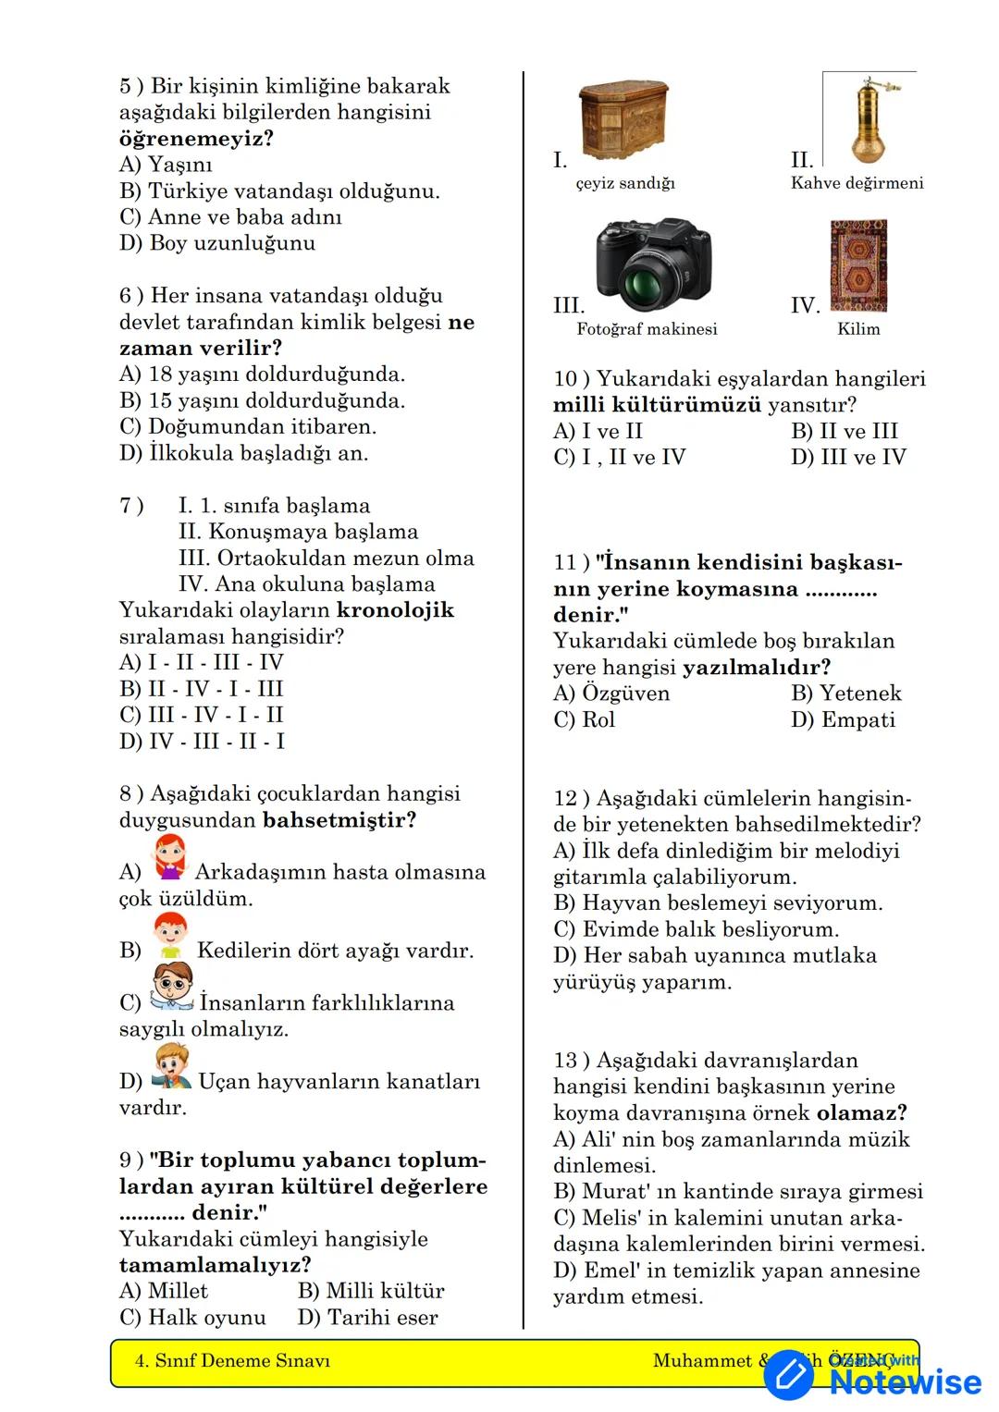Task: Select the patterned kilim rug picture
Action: pyautogui.click(x=858, y=266)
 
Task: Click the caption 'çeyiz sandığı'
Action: pyautogui.click(x=625, y=183)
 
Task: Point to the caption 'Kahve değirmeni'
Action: pyautogui.click(x=857, y=183)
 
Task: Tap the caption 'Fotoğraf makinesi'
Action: pyautogui.click(x=647, y=329)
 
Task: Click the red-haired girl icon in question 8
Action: pyautogui.click(x=169, y=857)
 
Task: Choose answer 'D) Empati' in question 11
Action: pyautogui.click(x=843, y=719)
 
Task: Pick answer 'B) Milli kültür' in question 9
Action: pyautogui.click(x=371, y=1291)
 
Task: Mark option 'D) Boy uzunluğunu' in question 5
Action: pyautogui.click(x=217, y=243)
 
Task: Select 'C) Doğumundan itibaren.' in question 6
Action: pyautogui.click(x=248, y=427)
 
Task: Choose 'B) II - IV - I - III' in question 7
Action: pyautogui.click(x=202, y=689)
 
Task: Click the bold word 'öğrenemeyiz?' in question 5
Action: pyautogui.click(x=196, y=139)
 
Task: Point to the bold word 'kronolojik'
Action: pyautogui.click(x=395, y=610)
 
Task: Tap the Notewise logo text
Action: pyautogui.click(x=905, y=1381)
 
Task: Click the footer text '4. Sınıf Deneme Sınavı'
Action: pyautogui.click(x=232, y=1361)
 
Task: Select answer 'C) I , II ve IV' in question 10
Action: pyautogui.click(x=619, y=458)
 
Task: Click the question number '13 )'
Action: pyautogui.click(x=572, y=1061)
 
